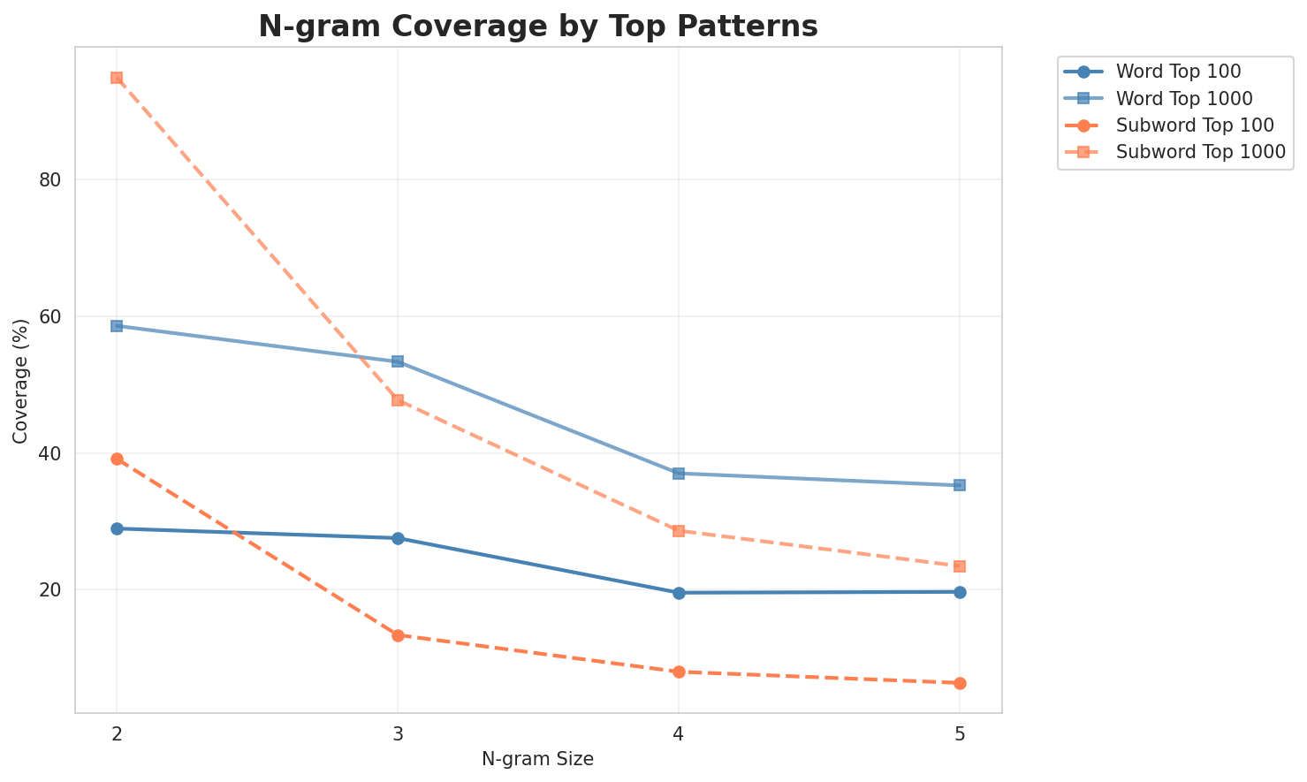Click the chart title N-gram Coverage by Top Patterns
point(537,27)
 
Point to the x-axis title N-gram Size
point(537,759)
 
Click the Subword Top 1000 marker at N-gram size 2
point(117,78)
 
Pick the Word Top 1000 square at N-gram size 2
point(117,326)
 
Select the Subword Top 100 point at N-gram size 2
point(117,459)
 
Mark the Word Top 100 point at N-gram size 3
point(398,538)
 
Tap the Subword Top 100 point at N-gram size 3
point(398,635)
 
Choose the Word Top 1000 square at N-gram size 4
point(679,474)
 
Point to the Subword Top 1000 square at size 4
point(679,531)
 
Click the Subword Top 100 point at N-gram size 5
point(960,683)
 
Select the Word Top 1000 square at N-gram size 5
point(960,485)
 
